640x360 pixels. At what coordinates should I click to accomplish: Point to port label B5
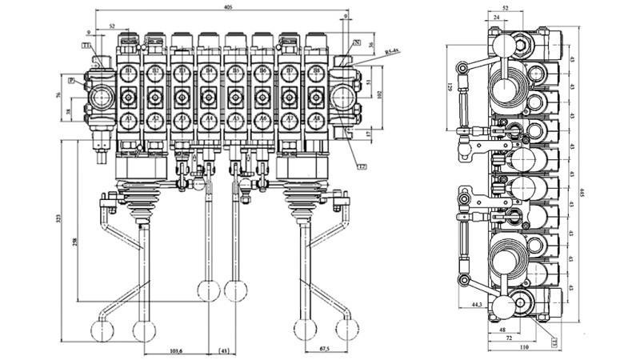(235, 74)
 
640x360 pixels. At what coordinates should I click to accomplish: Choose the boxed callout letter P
(71, 81)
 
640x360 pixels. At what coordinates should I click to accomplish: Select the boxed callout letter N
(356, 42)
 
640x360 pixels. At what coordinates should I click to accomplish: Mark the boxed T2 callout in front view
(362, 166)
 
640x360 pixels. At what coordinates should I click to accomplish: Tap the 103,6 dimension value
(174, 350)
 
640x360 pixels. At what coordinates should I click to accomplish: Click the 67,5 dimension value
(323, 350)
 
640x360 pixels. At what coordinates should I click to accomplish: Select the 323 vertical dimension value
(59, 218)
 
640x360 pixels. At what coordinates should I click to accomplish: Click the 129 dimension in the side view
(450, 86)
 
